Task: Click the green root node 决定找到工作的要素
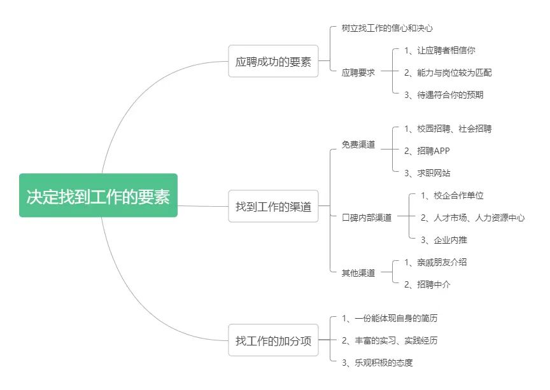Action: click(98, 195)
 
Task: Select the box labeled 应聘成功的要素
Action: click(273, 62)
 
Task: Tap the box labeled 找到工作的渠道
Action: click(273, 207)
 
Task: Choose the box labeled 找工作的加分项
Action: click(273, 341)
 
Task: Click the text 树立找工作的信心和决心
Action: click(387, 29)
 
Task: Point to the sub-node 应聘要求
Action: click(358, 73)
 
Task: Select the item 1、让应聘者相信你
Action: click(440, 50)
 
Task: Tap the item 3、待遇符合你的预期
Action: click(444, 95)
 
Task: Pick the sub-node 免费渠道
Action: click(358, 145)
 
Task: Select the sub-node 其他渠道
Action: click(358, 273)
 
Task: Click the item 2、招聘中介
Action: click(427, 284)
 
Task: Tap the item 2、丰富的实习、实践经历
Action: click(390, 340)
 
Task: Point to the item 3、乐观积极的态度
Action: click(377, 363)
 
